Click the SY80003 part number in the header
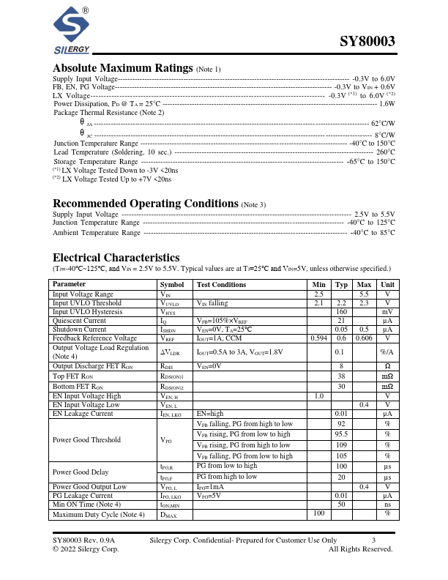(x=367, y=42)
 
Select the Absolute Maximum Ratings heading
(x=123, y=68)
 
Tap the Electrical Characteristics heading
(x=116, y=257)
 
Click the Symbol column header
(x=172, y=284)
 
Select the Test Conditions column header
(x=221, y=284)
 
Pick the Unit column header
(x=387, y=284)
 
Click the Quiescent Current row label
(x=80, y=320)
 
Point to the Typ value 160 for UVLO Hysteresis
(x=341, y=311)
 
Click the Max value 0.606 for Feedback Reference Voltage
(x=364, y=338)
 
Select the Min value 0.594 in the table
(x=318, y=338)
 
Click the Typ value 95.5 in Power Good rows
(x=341, y=434)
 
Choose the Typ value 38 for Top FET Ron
(x=341, y=376)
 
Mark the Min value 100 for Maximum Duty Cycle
(x=318, y=513)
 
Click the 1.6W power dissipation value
(x=387, y=104)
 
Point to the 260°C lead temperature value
(x=386, y=152)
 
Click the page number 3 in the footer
(x=373, y=540)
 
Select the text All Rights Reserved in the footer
(x=360, y=549)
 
